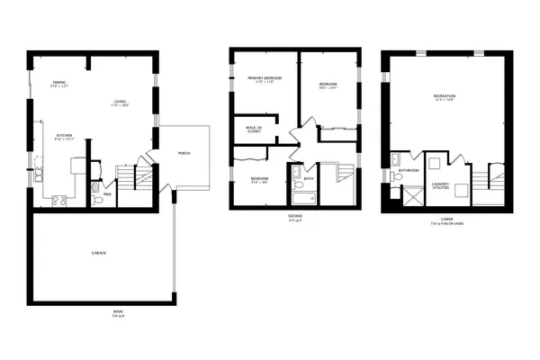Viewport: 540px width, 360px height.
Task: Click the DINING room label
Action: (59, 84)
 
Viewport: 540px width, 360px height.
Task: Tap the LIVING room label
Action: (120, 102)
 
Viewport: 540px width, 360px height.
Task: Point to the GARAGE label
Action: (98, 253)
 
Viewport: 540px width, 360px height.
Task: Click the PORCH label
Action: (184, 153)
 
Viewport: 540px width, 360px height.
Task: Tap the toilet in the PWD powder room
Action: (97, 201)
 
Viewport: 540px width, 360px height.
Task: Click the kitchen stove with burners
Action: (60, 201)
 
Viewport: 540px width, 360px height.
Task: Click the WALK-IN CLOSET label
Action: (255, 130)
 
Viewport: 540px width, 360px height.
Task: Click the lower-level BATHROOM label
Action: (409, 170)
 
